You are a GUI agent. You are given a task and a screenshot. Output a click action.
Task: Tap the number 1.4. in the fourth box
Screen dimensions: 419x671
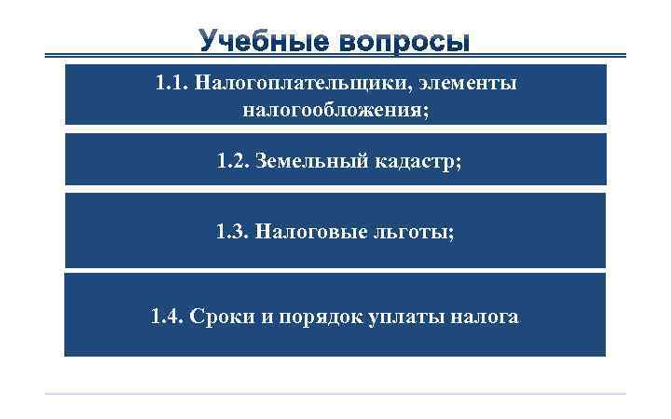[168, 317]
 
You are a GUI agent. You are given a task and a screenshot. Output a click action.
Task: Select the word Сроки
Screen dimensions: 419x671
[221, 317]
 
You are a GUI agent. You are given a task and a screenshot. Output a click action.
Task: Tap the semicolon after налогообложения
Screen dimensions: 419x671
[430, 112]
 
